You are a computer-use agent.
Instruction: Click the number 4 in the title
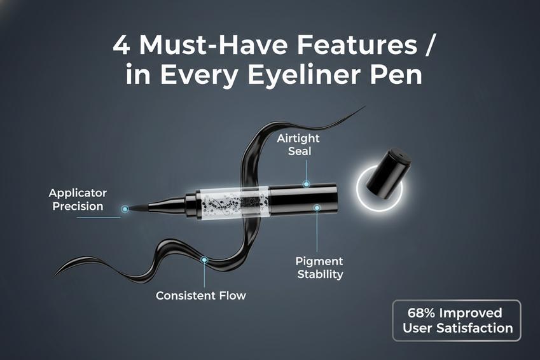pyautogui.click(x=121, y=45)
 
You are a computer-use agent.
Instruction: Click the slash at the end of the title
pyautogui.click(x=428, y=45)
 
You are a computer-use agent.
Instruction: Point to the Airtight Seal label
pyautogui.click(x=298, y=144)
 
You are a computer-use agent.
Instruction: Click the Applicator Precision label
pyautogui.click(x=78, y=200)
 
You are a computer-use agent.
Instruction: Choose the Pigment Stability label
pyautogui.click(x=319, y=268)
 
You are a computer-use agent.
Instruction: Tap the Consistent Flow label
pyautogui.click(x=201, y=296)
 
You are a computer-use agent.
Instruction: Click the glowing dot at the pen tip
pyautogui.click(x=125, y=209)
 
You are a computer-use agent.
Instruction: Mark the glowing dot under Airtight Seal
pyautogui.click(x=306, y=184)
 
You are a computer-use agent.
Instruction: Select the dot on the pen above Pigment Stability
pyautogui.click(x=317, y=208)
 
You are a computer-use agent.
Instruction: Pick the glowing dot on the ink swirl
pyautogui.click(x=204, y=260)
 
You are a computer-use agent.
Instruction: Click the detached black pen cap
pyautogui.click(x=389, y=173)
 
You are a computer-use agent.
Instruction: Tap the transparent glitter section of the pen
pyautogui.click(x=232, y=202)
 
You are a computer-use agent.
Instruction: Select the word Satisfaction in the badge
pyautogui.click(x=475, y=328)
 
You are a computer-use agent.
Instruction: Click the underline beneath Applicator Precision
pyautogui.click(x=99, y=218)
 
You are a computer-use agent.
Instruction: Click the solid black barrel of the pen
pyautogui.click(x=303, y=200)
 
